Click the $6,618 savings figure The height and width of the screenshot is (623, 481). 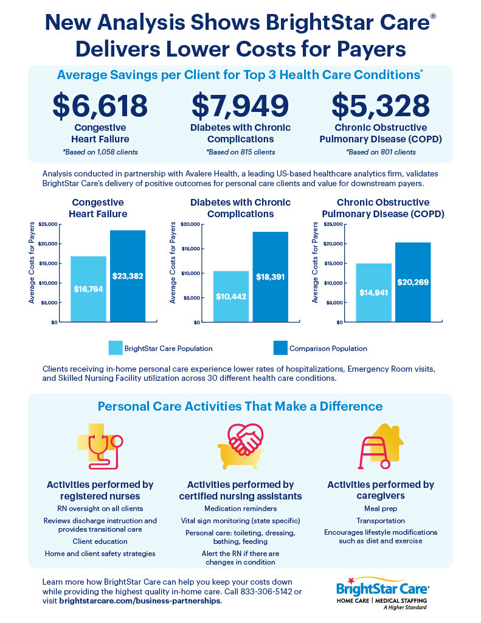(x=100, y=105)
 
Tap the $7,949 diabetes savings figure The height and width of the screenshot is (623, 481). (x=240, y=105)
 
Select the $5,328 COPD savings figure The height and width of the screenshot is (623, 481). (x=380, y=105)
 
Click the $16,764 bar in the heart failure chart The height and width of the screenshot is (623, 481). (x=89, y=289)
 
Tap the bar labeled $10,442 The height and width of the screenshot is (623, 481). (x=231, y=296)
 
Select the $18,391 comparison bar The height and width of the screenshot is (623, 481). (x=270, y=277)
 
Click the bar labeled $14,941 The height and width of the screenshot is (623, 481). (x=374, y=293)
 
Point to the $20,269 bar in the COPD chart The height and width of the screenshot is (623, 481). (x=413, y=282)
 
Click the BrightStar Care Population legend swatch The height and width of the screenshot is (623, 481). (x=116, y=348)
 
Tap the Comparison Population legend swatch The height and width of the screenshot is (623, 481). (x=280, y=348)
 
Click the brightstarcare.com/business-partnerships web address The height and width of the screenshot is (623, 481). (x=140, y=601)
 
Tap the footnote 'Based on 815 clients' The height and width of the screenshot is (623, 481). (x=240, y=151)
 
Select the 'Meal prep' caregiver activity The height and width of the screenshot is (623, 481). (x=380, y=508)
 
